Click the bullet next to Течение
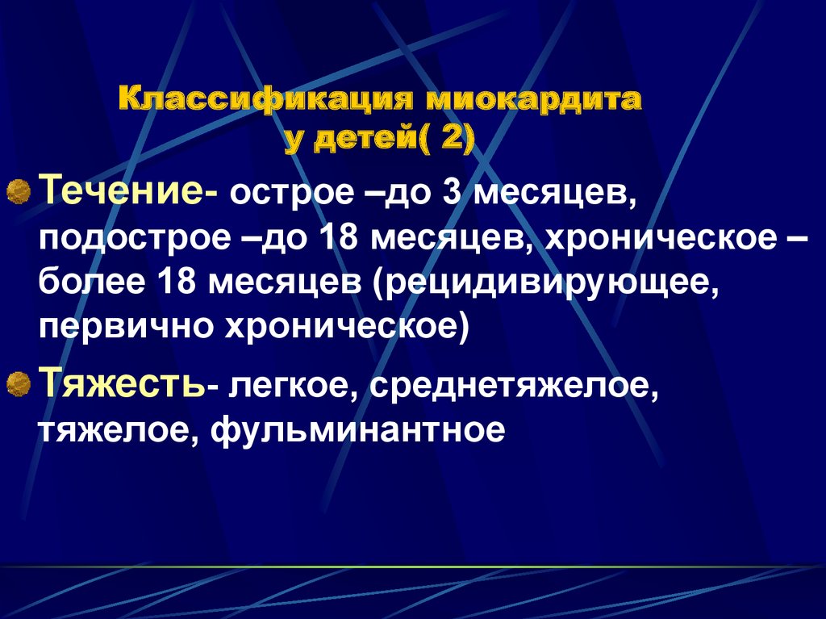coord(19,190)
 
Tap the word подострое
coord(135,240)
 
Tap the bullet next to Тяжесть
coord(19,383)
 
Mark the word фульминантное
coord(358,430)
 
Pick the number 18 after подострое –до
coord(340,239)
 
